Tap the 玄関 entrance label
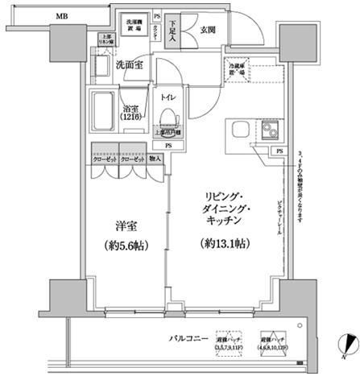(207, 30)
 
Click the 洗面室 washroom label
(129, 64)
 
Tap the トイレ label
(167, 97)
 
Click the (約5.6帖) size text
(124, 247)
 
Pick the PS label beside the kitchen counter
(279, 151)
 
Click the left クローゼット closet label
(105, 159)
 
